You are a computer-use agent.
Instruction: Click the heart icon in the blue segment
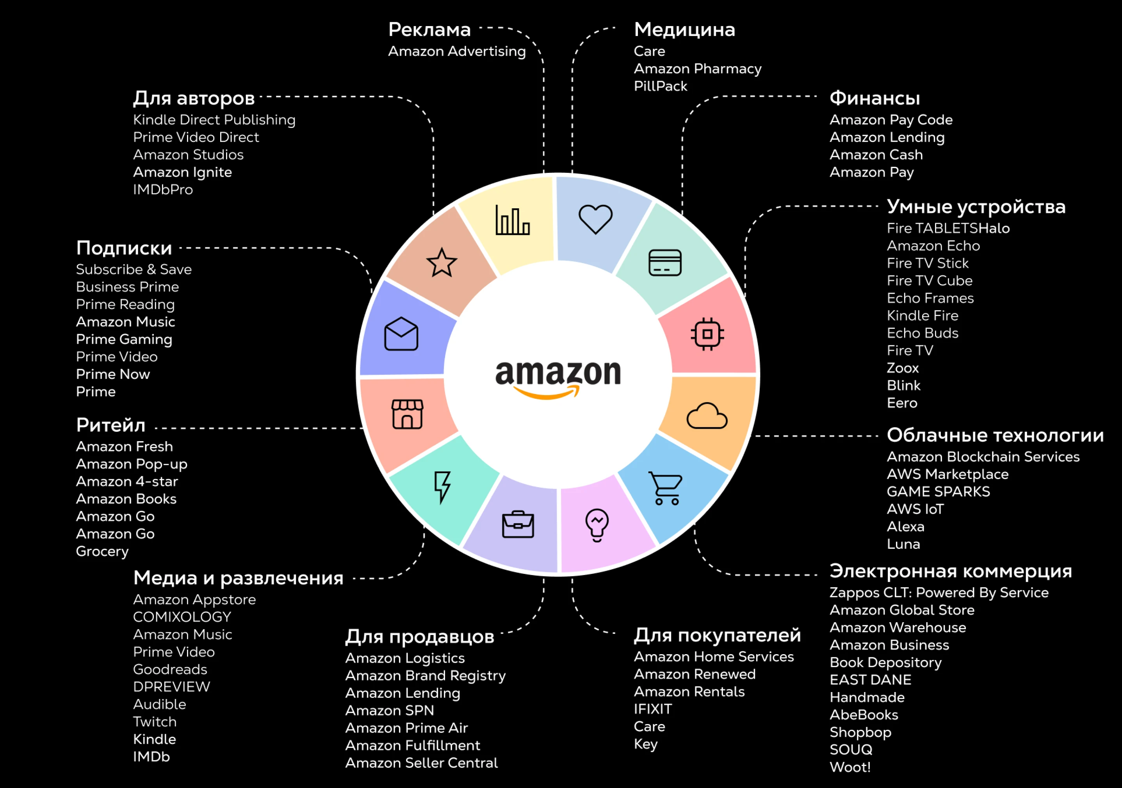coord(595,218)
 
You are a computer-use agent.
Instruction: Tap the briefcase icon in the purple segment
coord(518,524)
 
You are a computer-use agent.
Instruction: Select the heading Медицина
coord(684,30)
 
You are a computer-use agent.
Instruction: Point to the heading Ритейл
coord(111,425)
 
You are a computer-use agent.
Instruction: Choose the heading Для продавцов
coord(419,637)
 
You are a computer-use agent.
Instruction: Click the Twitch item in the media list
coord(155,722)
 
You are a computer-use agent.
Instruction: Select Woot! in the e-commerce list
coord(850,767)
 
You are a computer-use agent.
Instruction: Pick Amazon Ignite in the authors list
coord(182,172)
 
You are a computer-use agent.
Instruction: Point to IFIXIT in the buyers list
coord(652,709)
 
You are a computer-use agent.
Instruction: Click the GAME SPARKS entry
coord(938,492)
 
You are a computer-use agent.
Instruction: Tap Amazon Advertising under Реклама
coord(456,51)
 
